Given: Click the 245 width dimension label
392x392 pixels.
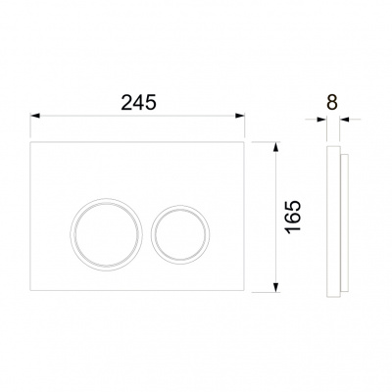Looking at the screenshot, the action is (139, 102).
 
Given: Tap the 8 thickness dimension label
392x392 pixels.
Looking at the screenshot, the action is (331, 102).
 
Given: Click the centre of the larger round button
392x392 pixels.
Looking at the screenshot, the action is (106, 234).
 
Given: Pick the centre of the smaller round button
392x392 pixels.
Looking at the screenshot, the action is (180, 234).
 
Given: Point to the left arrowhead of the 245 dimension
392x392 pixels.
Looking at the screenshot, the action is (35, 116).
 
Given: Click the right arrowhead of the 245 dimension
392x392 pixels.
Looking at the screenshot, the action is (240, 116).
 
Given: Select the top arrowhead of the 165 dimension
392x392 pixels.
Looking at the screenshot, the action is (276, 147).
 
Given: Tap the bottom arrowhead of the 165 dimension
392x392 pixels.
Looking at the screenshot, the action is (276, 287).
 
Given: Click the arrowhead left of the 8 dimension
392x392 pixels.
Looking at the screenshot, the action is (322, 120).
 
